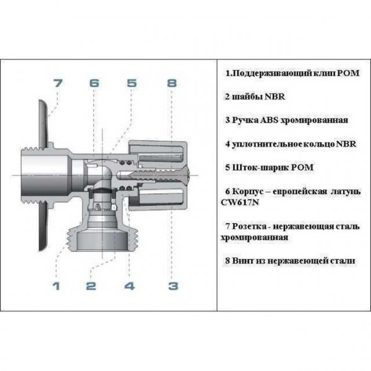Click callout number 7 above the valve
point(57,82)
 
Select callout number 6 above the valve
point(94,82)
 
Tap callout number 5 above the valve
point(132,82)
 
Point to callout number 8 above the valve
point(171,82)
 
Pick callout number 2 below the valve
point(91,286)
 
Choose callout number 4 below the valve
point(129,286)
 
